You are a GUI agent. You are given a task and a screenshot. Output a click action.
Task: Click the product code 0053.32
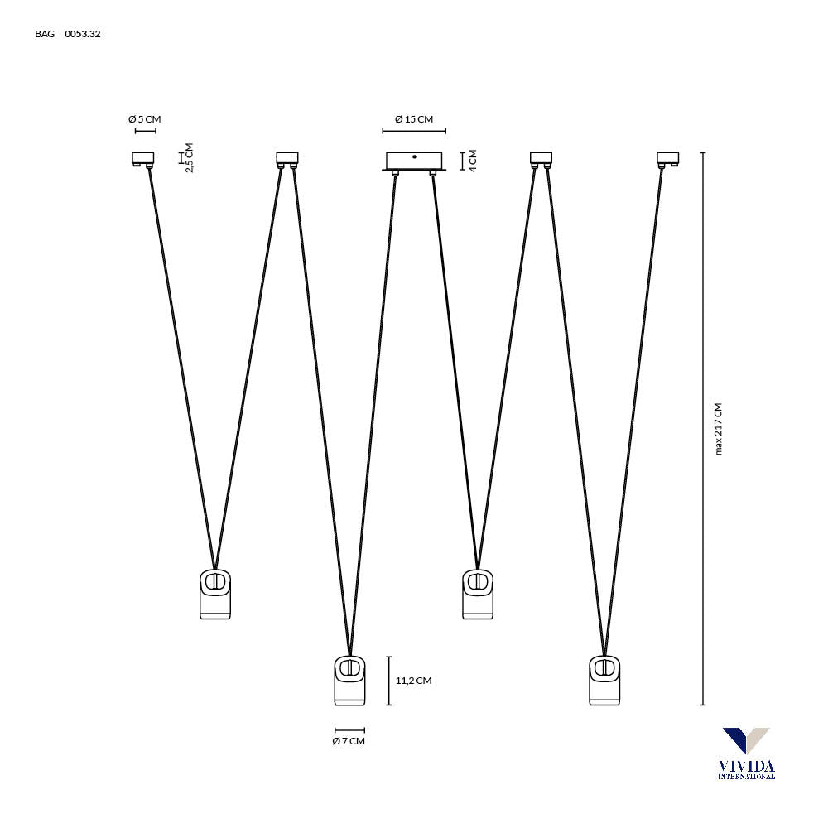click(x=83, y=34)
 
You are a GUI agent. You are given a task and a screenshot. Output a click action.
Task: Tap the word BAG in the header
click(x=45, y=34)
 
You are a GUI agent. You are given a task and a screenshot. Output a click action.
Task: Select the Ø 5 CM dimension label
click(x=145, y=119)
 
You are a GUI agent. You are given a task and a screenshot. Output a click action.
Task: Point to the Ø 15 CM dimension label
click(x=414, y=119)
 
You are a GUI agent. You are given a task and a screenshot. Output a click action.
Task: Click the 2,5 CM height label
click(x=189, y=157)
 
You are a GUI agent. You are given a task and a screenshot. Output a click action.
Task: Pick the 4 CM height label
click(x=473, y=160)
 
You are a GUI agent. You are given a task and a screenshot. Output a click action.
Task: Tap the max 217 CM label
click(x=718, y=429)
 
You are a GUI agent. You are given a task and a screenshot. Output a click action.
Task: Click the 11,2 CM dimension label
click(x=413, y=681)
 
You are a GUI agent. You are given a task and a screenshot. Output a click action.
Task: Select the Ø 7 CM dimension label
click(x=349, y=741)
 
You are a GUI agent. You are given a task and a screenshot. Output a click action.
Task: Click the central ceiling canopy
click(x=414, y=161)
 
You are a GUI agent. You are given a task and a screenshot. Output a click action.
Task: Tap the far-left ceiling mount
click(x=143, y=158)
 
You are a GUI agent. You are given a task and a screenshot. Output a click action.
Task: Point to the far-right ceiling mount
click(x=667, y=158)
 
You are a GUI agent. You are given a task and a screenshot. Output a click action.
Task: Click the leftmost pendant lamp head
click(x=215, y=594)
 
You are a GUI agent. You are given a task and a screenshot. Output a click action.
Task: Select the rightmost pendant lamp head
click(x=604, y=681)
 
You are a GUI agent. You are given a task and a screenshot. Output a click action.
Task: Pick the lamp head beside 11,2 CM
click(x=349, y=681)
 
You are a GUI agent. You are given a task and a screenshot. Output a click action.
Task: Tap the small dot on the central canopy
click(x=414, y=156)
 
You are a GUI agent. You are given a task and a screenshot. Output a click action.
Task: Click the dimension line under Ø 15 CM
click(x=414, y=131)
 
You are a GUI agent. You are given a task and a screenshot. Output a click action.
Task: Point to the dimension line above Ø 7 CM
click(x=349, y=729)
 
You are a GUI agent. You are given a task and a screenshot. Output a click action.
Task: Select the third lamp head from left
click(x=477, y=594)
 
